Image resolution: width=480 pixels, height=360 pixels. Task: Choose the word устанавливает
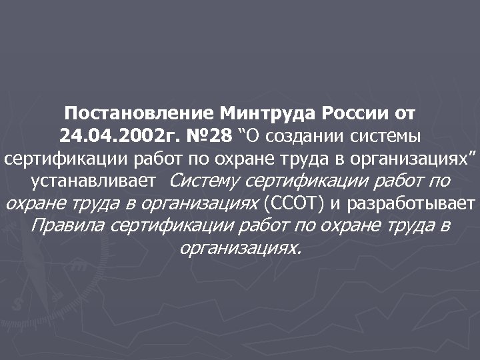click(93, 180)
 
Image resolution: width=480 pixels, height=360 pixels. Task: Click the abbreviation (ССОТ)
click(294, 203)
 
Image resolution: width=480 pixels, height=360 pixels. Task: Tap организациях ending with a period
click(240, 248)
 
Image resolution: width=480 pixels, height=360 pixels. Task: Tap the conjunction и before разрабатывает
click(337, 203)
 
